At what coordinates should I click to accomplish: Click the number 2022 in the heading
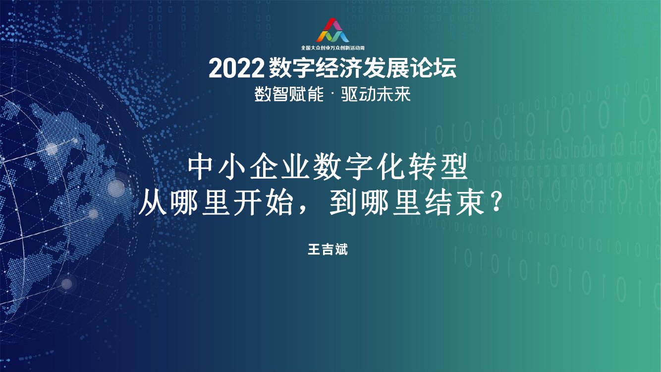[x=235, y=69]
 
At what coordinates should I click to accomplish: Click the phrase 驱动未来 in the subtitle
[x=376, y=94]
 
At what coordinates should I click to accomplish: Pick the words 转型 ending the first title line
[x=438, y=169]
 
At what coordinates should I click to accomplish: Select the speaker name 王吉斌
[x=328, y=249]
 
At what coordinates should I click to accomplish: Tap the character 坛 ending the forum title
[x=444, y=69]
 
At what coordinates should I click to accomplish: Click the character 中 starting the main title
[x=203, y=169]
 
